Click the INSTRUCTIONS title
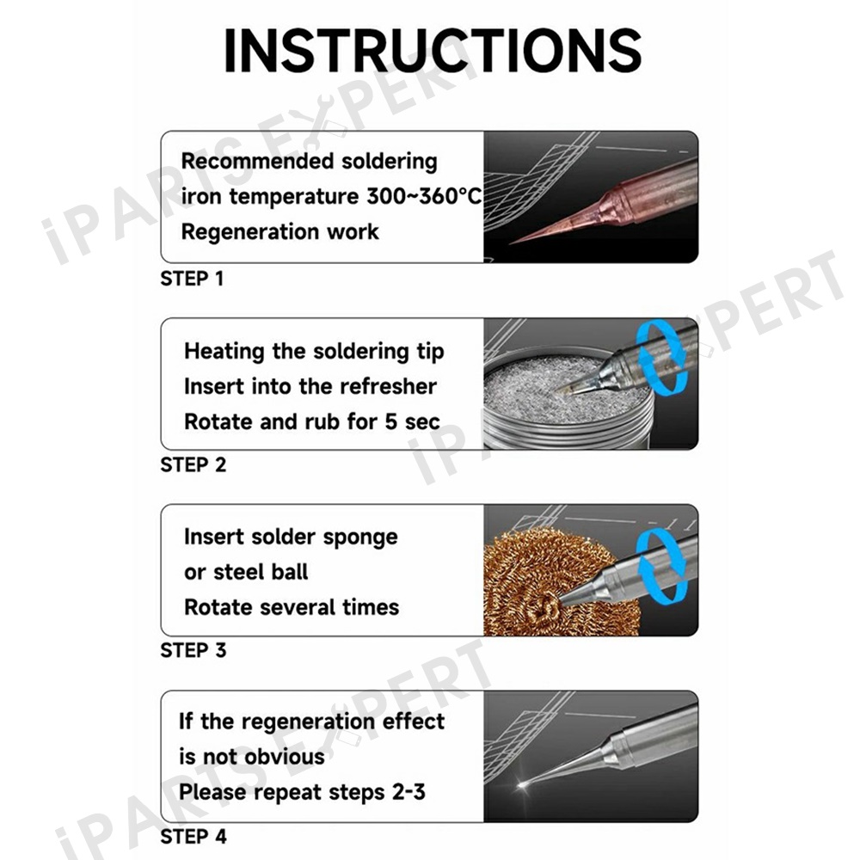pos(433,50)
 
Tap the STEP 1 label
pos(192,279)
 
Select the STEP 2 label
pos(193,465)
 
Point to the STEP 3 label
pos(193,650)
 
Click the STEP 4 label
pos(193,837)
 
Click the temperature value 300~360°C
pos(424,196)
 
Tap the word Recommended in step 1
pos(257,162)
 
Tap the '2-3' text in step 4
pos(408,792)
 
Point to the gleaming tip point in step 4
pos(522,785)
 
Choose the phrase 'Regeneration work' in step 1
pos(279,231)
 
